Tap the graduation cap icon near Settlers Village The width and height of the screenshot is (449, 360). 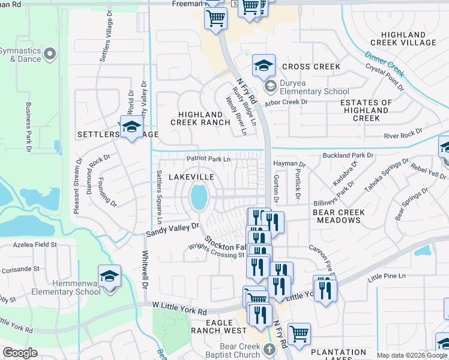tap(131, 127)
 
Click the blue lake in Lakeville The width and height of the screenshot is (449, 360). tap(199, 196)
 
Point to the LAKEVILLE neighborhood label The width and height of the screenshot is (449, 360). tap(191, 177)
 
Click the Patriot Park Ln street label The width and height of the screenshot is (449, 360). tap(208, 159)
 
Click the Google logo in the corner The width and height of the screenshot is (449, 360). tap(20, 352)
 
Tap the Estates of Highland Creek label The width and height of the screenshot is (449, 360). tap(366, 110)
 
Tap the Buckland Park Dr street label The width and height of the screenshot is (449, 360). tap(348, 155)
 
